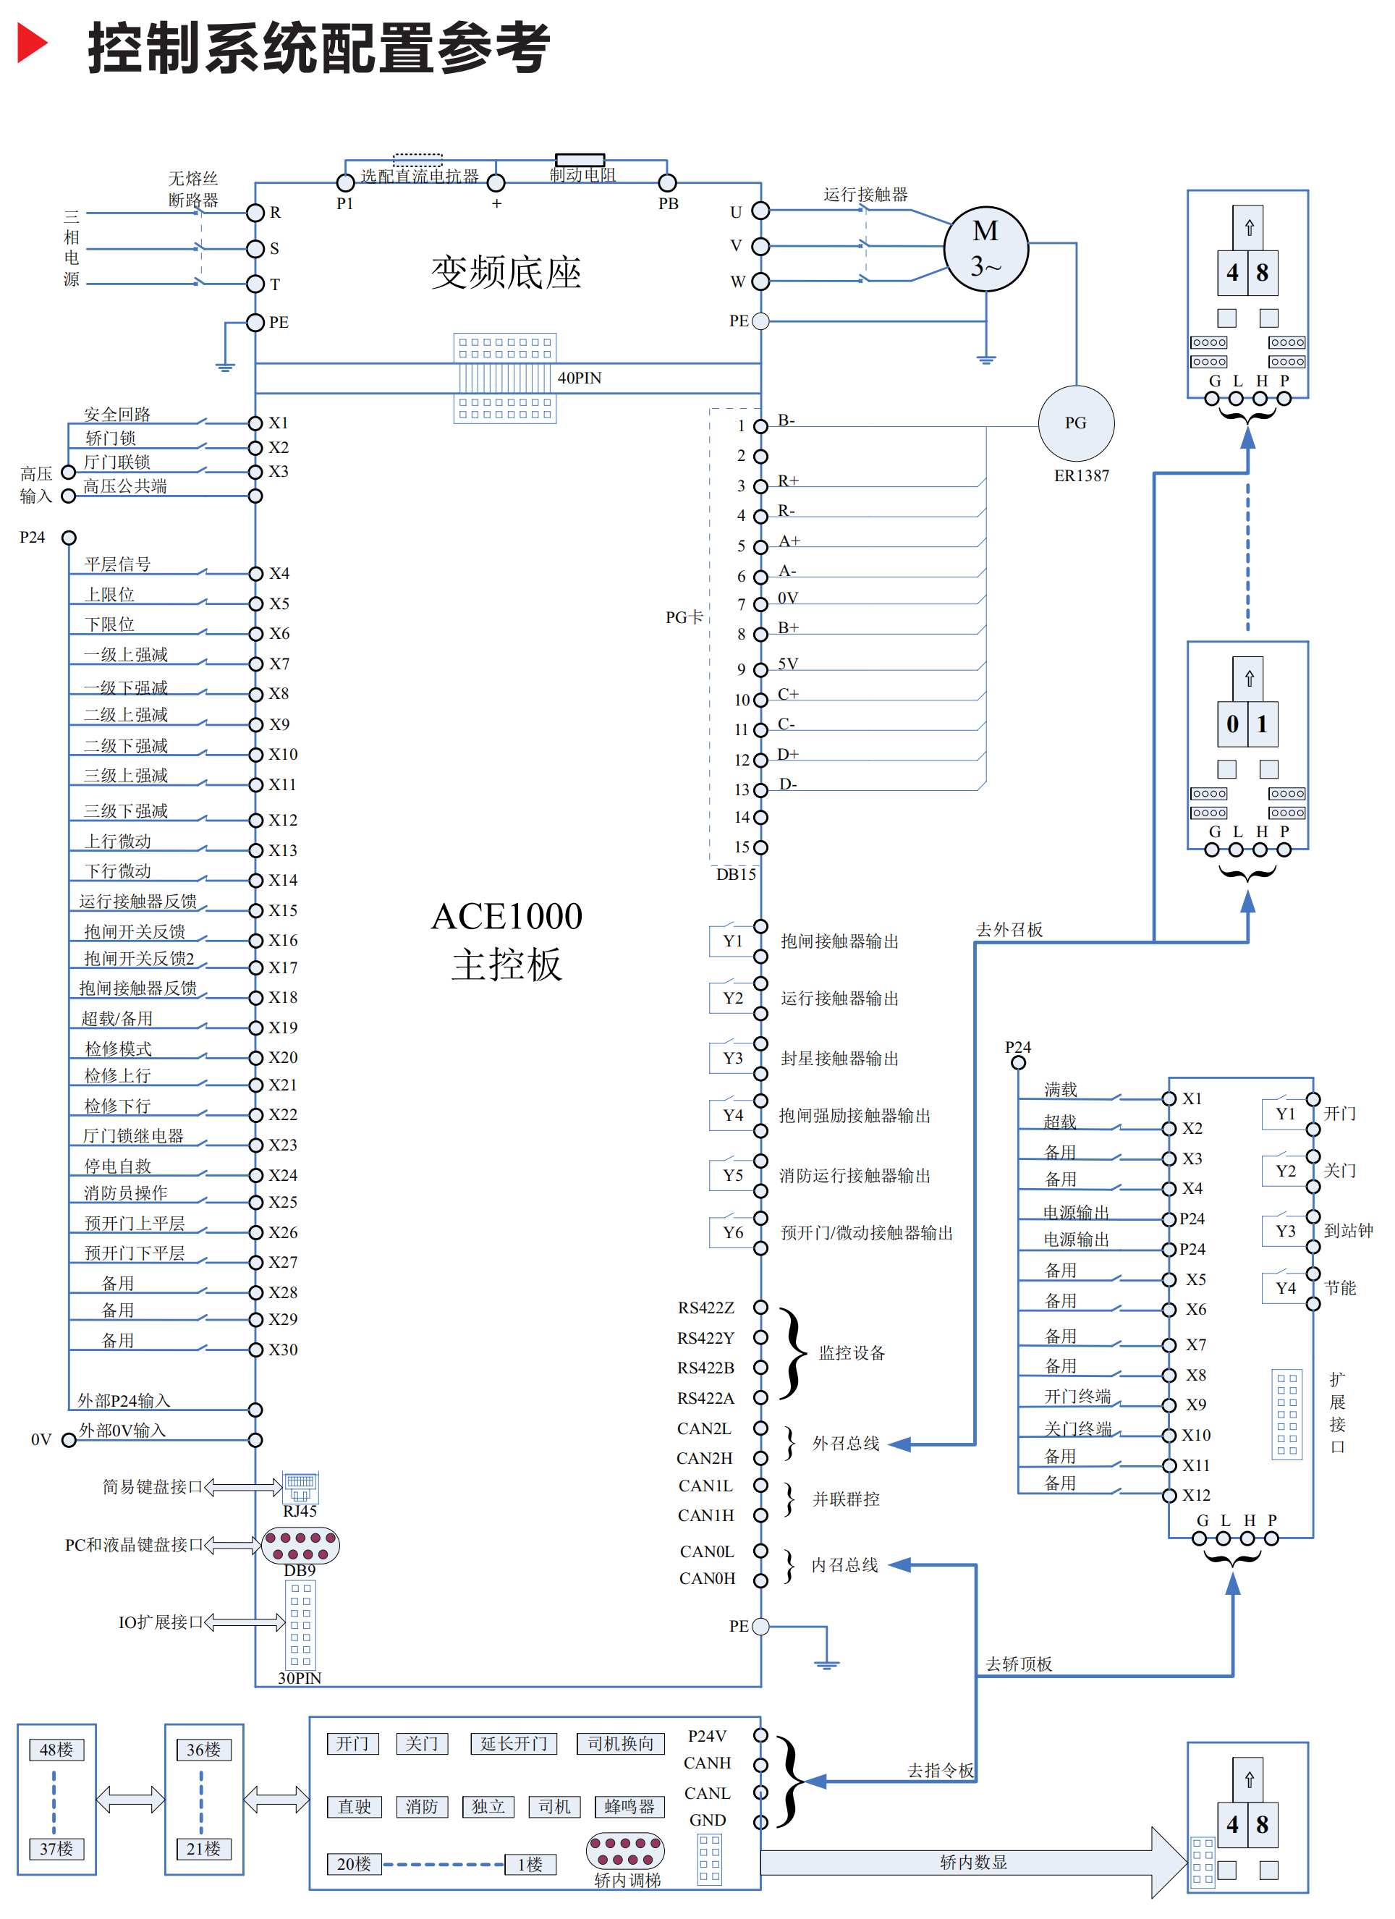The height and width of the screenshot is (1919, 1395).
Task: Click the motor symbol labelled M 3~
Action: tap(985, 249)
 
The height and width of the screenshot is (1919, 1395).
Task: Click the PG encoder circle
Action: tap(1075, 423)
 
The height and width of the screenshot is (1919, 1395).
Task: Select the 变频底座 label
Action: tap(506, 273)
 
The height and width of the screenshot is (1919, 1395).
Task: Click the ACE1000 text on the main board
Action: tap(506, 916)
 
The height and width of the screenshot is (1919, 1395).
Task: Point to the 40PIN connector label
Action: tap(580, 378)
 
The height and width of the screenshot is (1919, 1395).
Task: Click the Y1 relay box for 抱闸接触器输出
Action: tap(733, 941)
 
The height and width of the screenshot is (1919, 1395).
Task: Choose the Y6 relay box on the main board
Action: tap(733, 1233)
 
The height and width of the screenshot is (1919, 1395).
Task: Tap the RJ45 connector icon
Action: tap(300, 1486)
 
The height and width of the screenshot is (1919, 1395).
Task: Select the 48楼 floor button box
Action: tap(56, 1750)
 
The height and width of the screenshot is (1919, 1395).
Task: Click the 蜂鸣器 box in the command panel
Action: tap(629, 1806)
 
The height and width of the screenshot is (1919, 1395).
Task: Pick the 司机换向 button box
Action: tap(621, 1744)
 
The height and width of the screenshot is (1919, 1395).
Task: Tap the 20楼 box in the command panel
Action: tap(354, 1864)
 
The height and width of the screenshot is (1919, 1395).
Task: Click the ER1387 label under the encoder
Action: tap(1081, 476)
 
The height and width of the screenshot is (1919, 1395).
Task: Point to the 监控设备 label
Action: tap(852, 1353)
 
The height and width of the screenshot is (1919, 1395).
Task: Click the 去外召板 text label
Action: tap(1009, 930)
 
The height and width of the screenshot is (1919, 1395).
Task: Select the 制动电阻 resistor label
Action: tap(583, 175)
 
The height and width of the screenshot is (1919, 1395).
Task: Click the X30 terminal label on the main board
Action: tap(284, 1350)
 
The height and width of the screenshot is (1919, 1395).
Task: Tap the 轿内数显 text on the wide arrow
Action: tap(974, 1863)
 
